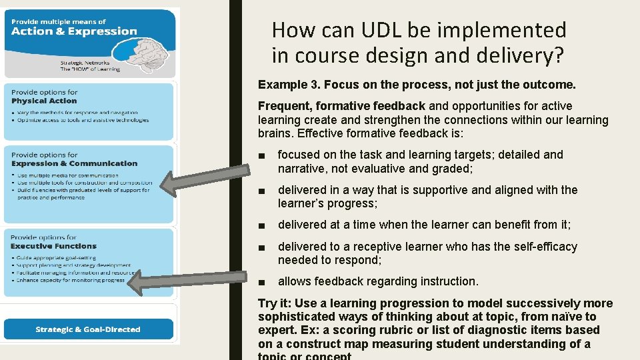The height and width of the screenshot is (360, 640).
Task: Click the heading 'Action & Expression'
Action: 74,31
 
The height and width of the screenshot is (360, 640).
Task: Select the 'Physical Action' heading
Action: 44,101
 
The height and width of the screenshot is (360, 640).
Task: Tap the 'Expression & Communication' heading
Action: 74,163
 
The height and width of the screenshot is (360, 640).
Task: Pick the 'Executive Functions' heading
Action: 53,246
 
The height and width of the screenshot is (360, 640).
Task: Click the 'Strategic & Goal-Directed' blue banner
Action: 88,329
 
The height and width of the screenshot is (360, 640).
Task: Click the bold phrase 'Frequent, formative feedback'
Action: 341,106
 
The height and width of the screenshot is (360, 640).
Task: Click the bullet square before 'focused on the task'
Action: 266,156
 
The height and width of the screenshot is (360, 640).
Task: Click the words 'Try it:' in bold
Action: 277,303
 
